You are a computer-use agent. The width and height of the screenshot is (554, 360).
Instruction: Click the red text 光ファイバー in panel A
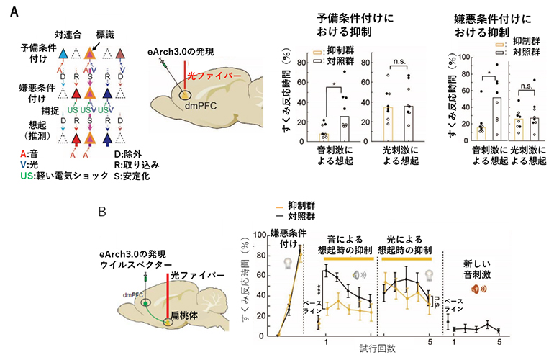click(204, 76)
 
